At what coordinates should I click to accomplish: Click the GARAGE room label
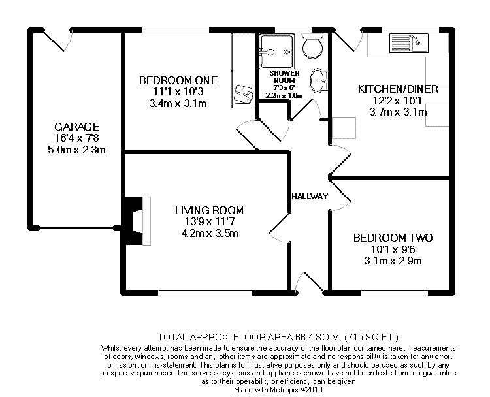pos(76,127)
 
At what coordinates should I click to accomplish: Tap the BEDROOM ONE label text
pos(178,80)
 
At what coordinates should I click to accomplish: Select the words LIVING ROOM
pos(209,210)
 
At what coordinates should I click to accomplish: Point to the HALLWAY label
pos(310,197)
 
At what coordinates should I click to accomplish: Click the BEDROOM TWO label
pos(393,238)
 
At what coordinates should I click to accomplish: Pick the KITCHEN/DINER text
pos(392,89)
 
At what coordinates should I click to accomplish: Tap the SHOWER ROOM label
pos(285,77)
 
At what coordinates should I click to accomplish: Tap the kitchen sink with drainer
pos(408,43)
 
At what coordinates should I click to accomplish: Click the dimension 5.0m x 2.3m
pos(76,150)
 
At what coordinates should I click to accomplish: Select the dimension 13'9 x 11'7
pos(209,222)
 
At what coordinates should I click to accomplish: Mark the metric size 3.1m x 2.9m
pos(393,261)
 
